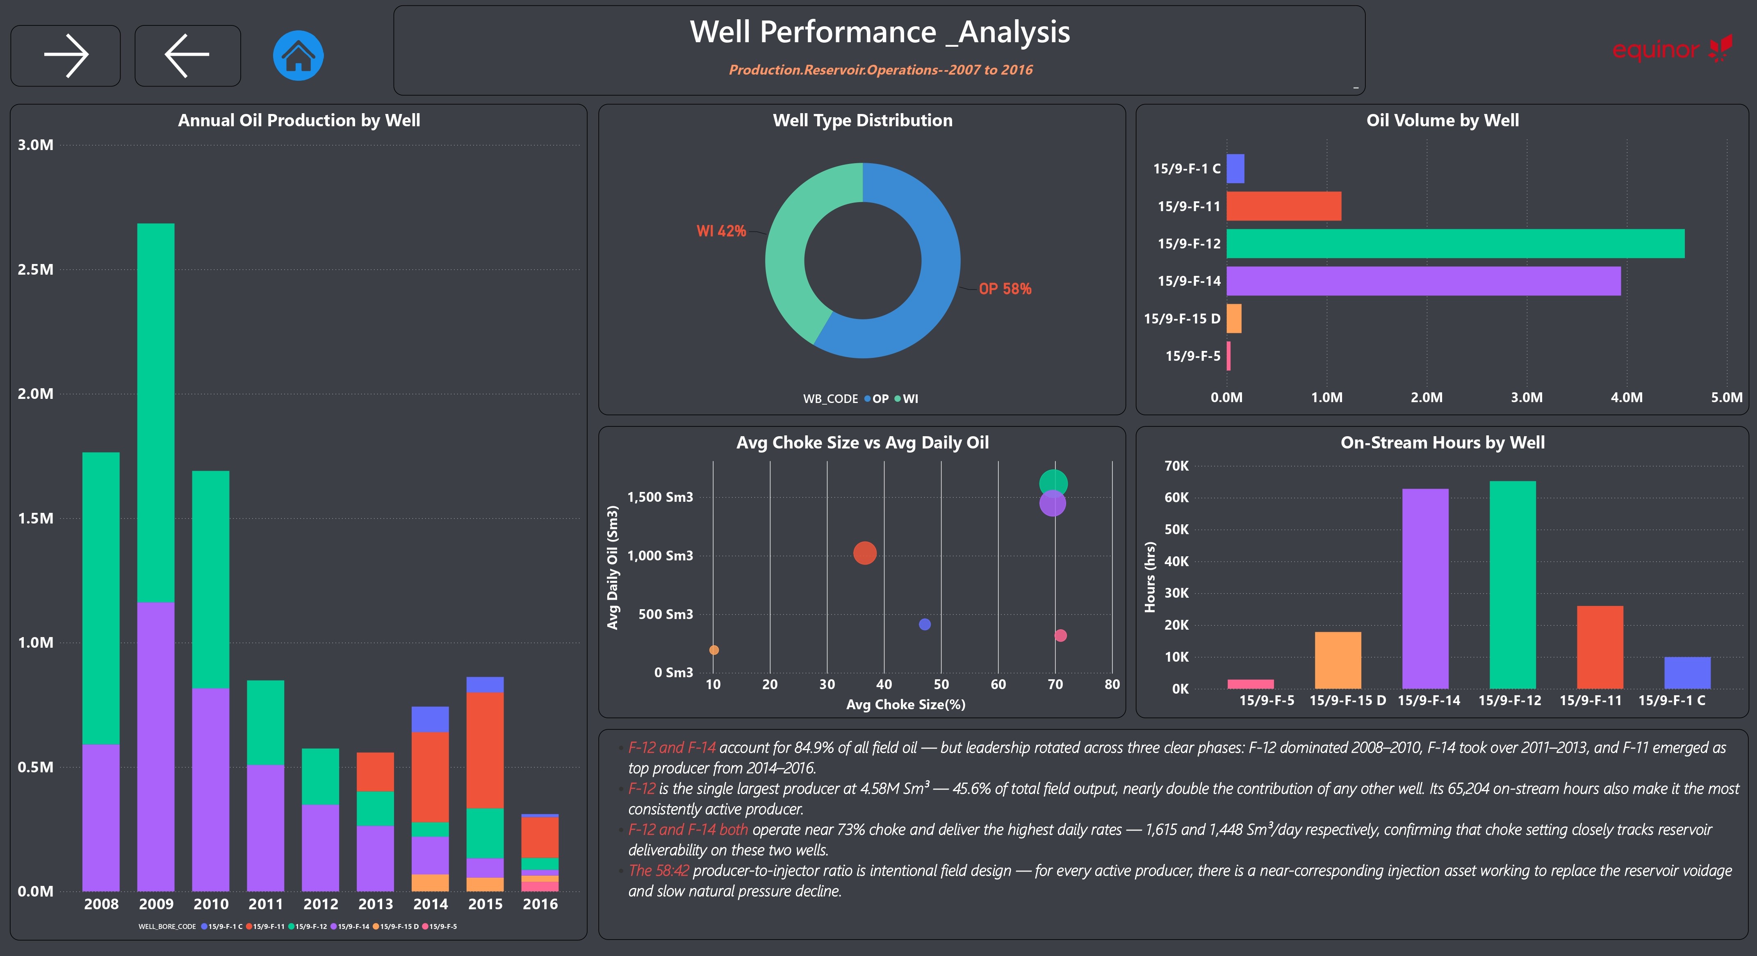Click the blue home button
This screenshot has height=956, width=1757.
tap(298, 56)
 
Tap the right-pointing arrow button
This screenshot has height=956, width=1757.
tap(66, 56)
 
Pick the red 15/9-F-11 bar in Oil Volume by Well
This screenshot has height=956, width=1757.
tap(1284, 206)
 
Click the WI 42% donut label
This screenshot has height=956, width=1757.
tap(721, 231)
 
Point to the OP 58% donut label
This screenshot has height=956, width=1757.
tap(1005, 289)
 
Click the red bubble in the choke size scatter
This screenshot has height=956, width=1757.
tap(865, 553)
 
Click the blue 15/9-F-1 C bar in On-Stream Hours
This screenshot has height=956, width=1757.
tap(1687, 673)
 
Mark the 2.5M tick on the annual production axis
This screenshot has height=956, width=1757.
tap(35, 269)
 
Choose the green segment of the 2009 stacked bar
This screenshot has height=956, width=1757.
tap(155, 413)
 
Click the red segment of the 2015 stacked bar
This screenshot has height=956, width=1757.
tap(485, 751)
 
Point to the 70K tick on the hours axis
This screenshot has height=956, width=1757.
tap(1176, 466)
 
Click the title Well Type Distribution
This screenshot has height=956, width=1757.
tap(863, 120)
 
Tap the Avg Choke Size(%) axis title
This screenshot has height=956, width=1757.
tap(906, 704)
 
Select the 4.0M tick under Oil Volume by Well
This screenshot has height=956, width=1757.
tap(1627, 398)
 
